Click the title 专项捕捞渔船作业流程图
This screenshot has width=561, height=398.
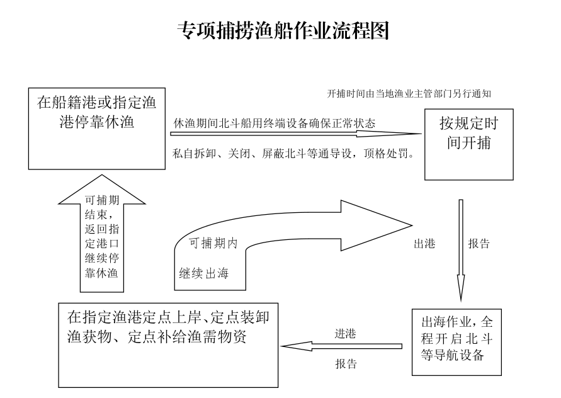(x=283, y=30)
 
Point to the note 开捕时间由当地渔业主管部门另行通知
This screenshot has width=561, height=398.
(x=409, y=94)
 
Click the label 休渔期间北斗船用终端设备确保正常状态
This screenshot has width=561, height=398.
(x=275, y=123)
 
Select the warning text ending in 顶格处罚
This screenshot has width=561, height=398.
(x=293, y=154)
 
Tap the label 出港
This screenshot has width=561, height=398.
(x=425, y=244)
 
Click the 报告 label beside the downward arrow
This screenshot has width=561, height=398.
(x=479, y=244)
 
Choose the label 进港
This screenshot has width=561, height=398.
(x=345, y=334)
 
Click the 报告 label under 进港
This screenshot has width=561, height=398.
(x=346, y=363)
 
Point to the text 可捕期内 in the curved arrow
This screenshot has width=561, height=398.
(x=213, y=243)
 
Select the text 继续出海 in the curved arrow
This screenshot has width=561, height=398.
(x=203, y=274)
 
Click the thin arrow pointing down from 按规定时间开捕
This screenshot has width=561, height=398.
(x=461, y=251)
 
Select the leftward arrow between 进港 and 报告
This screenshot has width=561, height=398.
(x=341, y=346)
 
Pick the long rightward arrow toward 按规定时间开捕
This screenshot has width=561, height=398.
(x=296, y=134)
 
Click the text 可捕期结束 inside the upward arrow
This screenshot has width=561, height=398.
(x=101, y=207)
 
